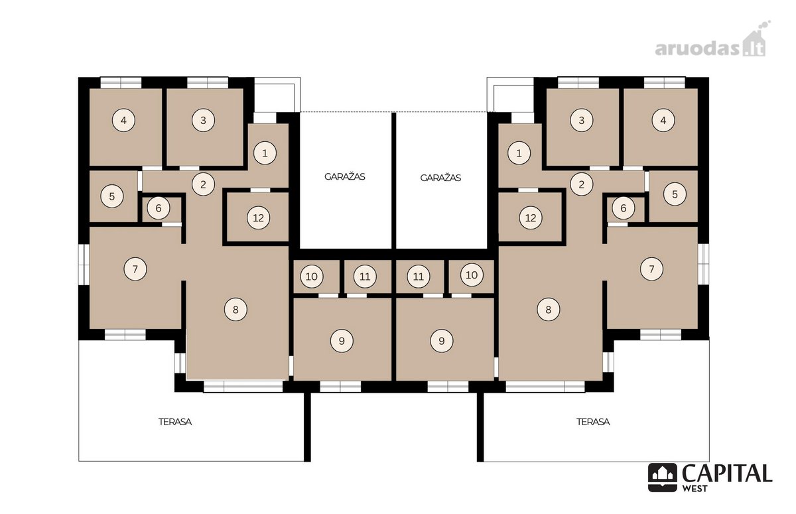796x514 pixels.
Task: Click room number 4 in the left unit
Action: pos(123,121)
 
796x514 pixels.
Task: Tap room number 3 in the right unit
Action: pos(581,121)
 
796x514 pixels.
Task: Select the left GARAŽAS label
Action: pos(345,176)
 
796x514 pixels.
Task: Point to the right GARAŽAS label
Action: pos(440,178)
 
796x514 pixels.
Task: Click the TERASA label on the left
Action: pos(175,422)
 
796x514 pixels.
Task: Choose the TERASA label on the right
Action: pos(593,422)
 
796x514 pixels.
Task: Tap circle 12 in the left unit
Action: pos(258,218)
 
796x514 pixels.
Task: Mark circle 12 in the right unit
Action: pos(531,218)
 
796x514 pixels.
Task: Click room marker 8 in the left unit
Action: pos(235,310)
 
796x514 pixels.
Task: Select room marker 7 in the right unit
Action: pos(651,269)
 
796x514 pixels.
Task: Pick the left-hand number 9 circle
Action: pos(342,341)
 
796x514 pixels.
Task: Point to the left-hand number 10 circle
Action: pos(312,277)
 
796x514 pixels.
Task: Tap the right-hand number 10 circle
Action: pos(472,275)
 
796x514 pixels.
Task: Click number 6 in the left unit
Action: pos(159,208)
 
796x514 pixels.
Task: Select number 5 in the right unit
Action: pos(675,194)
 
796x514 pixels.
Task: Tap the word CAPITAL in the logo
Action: pos(727,474)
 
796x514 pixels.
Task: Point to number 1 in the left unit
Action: pos(265,153)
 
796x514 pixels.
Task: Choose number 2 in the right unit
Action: pos(581,184)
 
